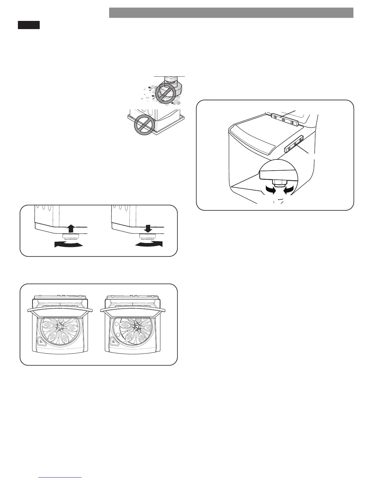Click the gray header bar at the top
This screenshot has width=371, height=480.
click(x=231, y=13)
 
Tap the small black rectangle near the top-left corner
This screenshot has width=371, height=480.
click(x=28, y=25)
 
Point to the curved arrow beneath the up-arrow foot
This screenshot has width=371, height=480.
click(x=68, y=245)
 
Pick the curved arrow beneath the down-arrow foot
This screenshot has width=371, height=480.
click(x=149, y=244)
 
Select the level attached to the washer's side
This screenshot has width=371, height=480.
click(x=294, y=144)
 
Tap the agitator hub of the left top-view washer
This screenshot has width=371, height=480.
click(x=60, y=327)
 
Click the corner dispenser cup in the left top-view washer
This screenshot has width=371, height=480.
click(x=40, y=341)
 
